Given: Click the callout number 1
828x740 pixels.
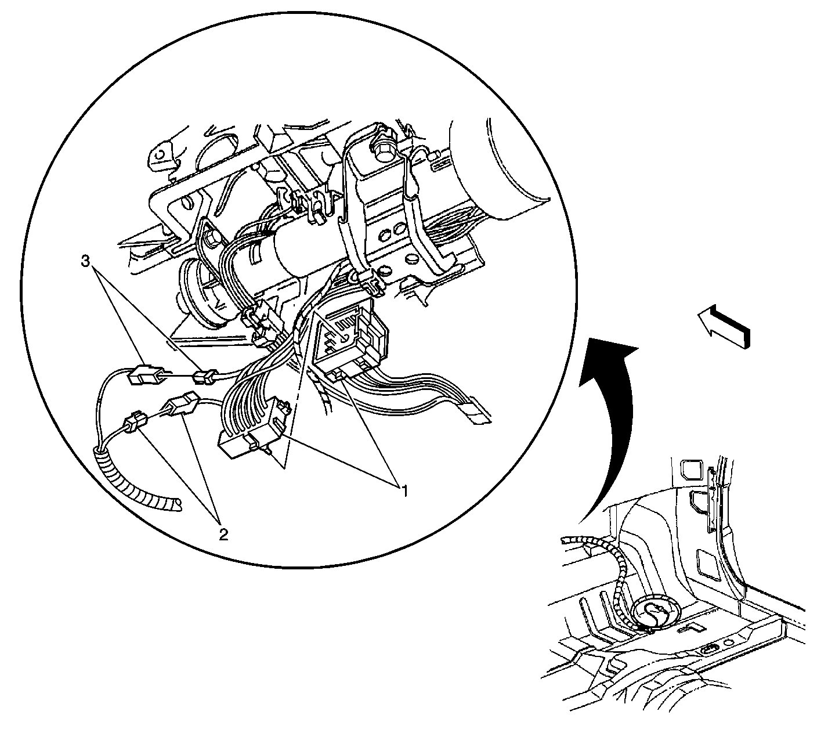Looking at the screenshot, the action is click(404, 490).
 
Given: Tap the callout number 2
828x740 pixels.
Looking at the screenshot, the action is click(223, 535).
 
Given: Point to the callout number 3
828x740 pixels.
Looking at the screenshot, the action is click(85, 261).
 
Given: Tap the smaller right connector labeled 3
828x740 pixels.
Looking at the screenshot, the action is click(204, 377).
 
